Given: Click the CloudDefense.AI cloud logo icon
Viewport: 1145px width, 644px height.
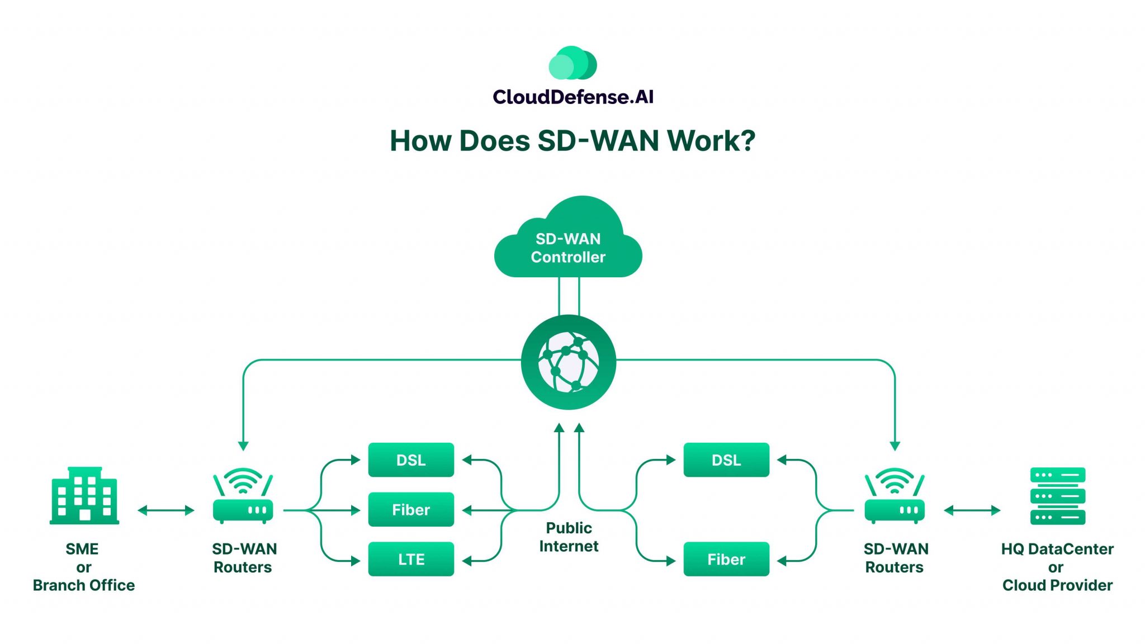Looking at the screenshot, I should pyautogui.click(x=572, y=63).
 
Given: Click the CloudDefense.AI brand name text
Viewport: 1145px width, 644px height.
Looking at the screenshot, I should pyautogui.click(x=572, y=97).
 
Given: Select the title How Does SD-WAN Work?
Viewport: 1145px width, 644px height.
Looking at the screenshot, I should pyautogui.click(x=572, y=140).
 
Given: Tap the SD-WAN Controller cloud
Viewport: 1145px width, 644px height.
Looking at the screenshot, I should pyautogui.click(x=568, y=246).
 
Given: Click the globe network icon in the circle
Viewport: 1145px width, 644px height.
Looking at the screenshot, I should pyautogui.click(x=568, y=362).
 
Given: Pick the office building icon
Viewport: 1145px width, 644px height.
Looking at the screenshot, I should pyautogui.click(x=84, y=496).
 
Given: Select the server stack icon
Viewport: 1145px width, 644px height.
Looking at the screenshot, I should pyautogui.click(x=1057, y=496).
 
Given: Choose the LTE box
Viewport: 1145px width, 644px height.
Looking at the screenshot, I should pyautogui.click(x=411, y=559).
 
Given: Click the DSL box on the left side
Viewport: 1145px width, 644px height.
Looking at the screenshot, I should pyautogui.click(x=411, y=460).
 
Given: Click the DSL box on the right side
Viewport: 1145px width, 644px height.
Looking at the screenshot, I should pyautogui.click(x=726, y=460).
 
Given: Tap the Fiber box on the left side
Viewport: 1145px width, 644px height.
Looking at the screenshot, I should pyautogui.click(x=411, y=509).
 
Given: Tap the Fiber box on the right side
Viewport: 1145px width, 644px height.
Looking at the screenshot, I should pyautogui.click(x=726, y=559).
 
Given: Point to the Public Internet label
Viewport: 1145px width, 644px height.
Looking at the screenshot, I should pyautogui.click(x=569, y=537).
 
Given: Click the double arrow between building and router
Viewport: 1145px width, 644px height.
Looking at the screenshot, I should pyautogui.click(x=165, y=510).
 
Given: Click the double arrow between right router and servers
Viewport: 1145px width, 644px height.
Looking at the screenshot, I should pyautogui.click(x=972, y=510).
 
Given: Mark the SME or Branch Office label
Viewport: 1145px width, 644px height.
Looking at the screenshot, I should pyautogui.click(x=84, y=567).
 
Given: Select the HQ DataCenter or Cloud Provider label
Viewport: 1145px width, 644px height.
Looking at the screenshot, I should pyautogui.click(x=1057, y=567).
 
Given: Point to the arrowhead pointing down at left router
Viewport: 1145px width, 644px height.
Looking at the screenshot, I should pyautogui.click(x=243, y=446).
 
